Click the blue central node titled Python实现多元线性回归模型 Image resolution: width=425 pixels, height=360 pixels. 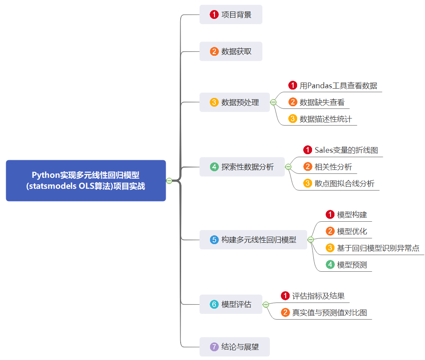pyautogui.click(x=86, y=180)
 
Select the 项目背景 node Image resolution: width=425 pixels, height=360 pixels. pyautogui.click(x=231, y=14)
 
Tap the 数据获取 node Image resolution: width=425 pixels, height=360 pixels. pyautogui.click(x=231, y=51)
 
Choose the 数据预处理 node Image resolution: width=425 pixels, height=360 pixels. pyautogui.click(x=234, y=102)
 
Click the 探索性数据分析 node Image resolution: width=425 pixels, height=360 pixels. pyautogui.click(x=242, y=167)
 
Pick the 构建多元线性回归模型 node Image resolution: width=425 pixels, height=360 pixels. pyautogui.click(x=253, y=240)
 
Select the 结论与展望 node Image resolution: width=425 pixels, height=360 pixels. pyautogui.click(x=234, y=347)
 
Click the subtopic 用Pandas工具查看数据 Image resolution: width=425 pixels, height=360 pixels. pyautogui.click(x=338, y=86)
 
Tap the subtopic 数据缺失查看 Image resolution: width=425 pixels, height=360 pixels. pyautogui.click(x=322, y=102)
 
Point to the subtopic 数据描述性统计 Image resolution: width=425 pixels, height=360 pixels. pyautogui.click(x=326, y=119)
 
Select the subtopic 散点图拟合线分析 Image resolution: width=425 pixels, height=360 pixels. pyautogui.click(x=344, y=184)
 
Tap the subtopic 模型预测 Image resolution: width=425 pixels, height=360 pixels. pyautogui.click(x=352, y=265)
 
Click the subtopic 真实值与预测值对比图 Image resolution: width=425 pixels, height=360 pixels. pyautogui.click(x=329, y=313)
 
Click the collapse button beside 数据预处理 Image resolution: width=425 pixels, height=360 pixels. pyautogui.click(x=273, y=102)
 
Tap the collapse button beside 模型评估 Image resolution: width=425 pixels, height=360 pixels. pyautogui.click(x=266, y=304)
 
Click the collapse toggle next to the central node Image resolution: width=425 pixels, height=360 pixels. pyautogui.click(x=169, y=180)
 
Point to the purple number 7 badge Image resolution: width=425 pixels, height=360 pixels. pyautogui.click(x=214, y=347)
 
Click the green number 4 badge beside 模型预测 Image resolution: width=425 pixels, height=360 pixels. pyautogui.click(x=330, y=265)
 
